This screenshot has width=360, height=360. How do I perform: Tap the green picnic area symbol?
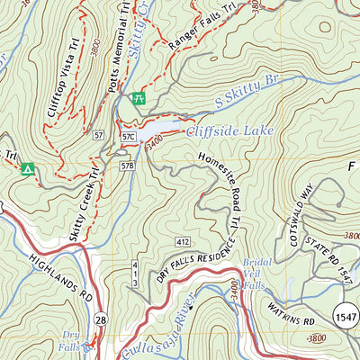click(138, 98)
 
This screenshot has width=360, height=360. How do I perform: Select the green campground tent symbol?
click(28, 168)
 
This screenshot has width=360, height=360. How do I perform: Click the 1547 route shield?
click(346, 315)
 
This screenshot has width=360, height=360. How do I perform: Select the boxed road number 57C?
click(128, 136)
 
